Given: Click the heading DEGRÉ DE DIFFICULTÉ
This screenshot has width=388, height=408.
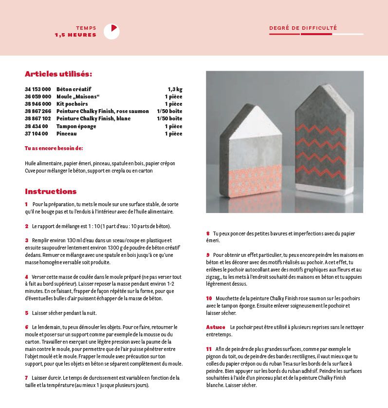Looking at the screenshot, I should point(303,28).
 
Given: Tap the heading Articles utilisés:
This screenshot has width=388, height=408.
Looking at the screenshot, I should point(58,74).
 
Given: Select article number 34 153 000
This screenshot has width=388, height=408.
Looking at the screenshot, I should point(38,90).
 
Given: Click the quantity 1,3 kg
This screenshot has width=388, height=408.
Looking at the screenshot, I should point(175,90).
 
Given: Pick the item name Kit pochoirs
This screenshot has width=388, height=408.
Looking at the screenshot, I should point(72,104).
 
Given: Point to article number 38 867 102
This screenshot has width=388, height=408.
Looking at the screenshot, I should point(38,119).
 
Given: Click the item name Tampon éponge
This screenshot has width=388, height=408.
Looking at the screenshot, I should point(76,126).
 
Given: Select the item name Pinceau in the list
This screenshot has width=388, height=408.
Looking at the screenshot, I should point(67,134).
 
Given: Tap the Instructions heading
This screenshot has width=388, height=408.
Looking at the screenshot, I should point(51,192).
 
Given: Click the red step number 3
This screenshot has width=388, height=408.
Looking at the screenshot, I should point(27,240).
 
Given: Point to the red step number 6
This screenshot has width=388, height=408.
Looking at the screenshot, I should point(27,327).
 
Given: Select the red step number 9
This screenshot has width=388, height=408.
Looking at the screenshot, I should point(208,255).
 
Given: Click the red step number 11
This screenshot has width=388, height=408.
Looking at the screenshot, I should point(209,349).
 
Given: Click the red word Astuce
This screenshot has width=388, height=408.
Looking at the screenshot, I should point(216,328).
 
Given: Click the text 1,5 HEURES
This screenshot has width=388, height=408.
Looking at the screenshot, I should point(75,35).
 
